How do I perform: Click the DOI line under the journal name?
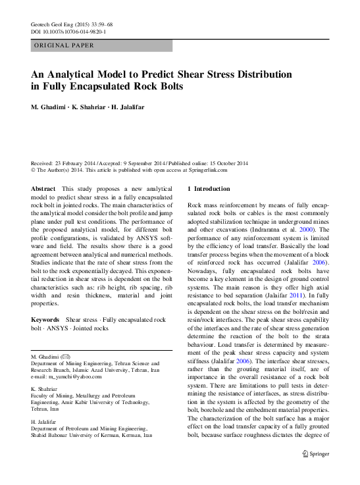(x=69, y=32)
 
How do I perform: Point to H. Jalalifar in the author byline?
(x=136, y=108)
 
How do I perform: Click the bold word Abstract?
(x=43, y=189)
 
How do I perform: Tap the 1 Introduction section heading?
(x=209, y=189)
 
